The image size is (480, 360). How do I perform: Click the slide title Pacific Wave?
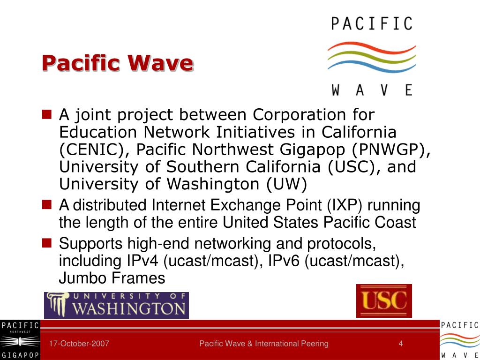pos(117,63)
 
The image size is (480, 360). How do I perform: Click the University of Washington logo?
pos(116,305)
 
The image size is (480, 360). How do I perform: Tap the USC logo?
pos(384,301)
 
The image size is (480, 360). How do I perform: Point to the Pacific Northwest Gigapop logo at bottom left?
pos(20,340)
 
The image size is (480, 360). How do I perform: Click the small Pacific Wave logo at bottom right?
pos(459,340)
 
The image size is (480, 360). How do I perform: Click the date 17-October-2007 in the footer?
pos(79,344)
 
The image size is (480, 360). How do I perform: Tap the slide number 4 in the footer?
pos(401,344)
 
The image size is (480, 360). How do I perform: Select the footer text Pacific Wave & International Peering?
pos(264,344)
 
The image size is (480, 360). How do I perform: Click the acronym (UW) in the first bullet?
pos(287,184)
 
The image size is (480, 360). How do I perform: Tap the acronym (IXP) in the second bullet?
pos(344,205)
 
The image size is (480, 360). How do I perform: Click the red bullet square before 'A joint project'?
pos(47,114)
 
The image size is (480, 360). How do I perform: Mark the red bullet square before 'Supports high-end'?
pos(47,243)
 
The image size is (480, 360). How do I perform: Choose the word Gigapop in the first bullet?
pos(314,150)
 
